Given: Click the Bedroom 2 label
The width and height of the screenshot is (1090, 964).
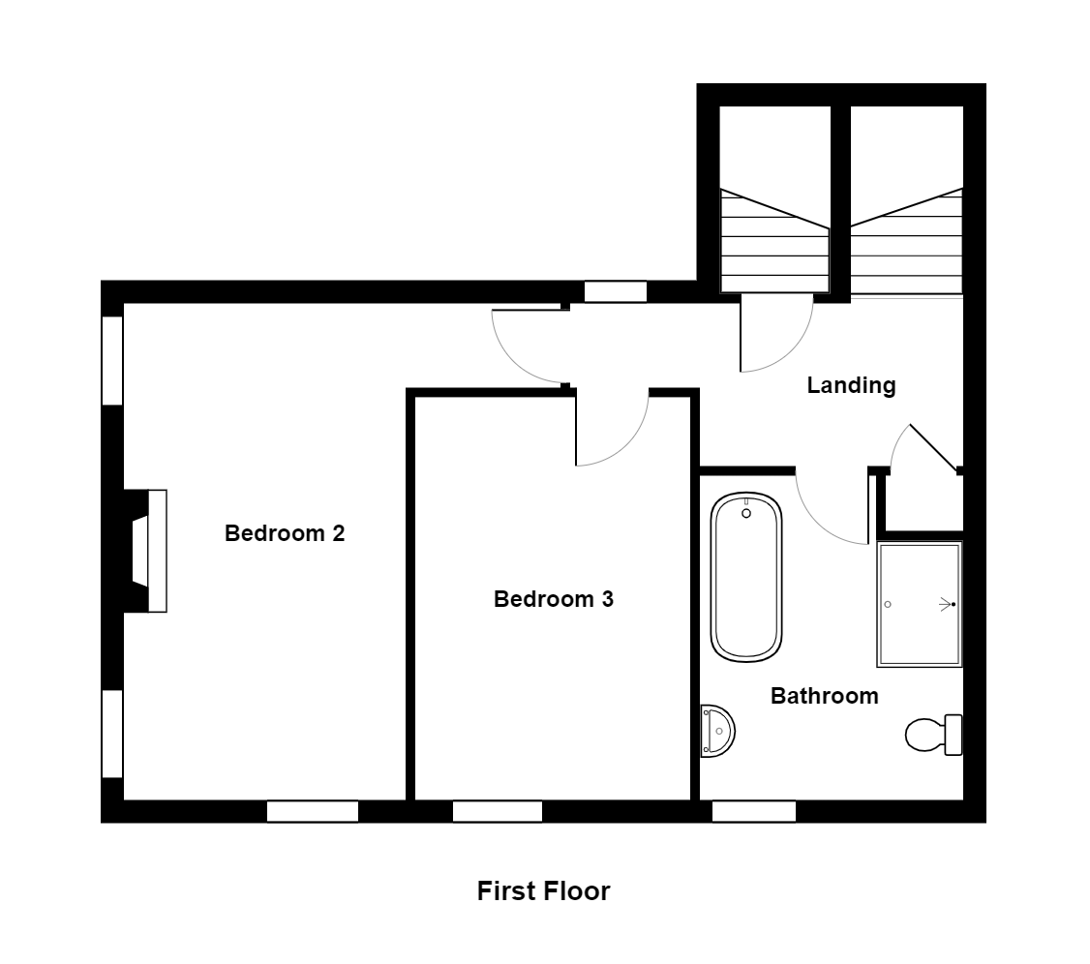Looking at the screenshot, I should (285, 533).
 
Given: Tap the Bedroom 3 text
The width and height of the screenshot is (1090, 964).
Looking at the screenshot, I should (554, 599).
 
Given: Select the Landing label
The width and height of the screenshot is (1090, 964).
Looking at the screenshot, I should (851, 386).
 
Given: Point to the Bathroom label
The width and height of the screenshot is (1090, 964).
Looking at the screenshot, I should (824, 696).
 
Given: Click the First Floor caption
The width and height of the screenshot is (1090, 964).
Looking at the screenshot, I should (543, 890).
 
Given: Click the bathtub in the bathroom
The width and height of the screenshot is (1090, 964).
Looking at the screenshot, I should (745, 577).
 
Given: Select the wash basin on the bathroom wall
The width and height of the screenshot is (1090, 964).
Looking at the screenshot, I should (717, 730).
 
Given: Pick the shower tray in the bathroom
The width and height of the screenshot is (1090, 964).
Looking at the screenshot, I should (920, 604).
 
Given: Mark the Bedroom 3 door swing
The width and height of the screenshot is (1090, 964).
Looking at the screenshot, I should (610, 429).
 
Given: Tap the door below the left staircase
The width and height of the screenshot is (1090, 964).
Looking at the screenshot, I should (774, 334).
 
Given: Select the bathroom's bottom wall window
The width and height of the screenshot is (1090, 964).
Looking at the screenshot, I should (754, 811).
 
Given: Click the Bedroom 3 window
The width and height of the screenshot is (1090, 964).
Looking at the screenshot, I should (497, 811).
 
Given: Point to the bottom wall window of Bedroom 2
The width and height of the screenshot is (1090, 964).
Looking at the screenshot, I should (313, 811).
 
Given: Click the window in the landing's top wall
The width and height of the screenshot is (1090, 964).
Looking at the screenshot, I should (616, 291).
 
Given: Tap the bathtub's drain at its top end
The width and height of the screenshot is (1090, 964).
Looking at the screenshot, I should (746, 514).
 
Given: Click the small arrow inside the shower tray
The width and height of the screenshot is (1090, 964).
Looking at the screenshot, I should (945, 604).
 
